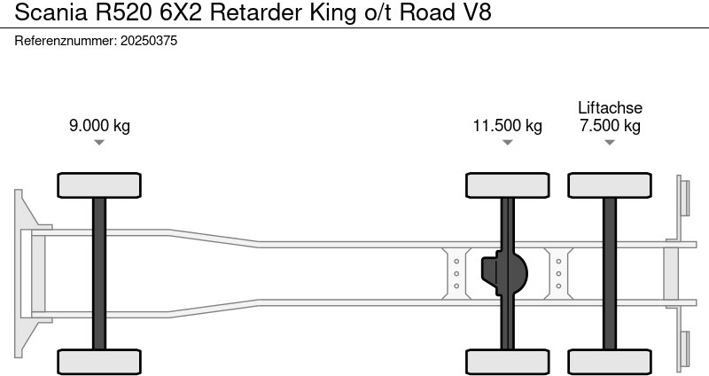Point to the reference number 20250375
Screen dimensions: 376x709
148,41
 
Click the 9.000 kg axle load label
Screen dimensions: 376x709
99,125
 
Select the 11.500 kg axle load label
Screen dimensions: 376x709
507,125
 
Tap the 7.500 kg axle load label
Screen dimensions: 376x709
610,125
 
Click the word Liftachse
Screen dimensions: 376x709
610,107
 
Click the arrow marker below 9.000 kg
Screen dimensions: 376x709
99,142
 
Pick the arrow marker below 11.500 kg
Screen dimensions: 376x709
507,142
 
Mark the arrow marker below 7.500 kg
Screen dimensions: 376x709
610,142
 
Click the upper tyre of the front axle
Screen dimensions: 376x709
99,185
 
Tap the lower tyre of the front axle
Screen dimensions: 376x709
99,361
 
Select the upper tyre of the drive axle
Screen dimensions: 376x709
507,185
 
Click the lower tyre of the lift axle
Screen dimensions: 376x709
610,361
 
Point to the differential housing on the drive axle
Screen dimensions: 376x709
503,273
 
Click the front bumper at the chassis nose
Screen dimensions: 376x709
27,273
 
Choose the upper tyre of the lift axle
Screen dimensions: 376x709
610,185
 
